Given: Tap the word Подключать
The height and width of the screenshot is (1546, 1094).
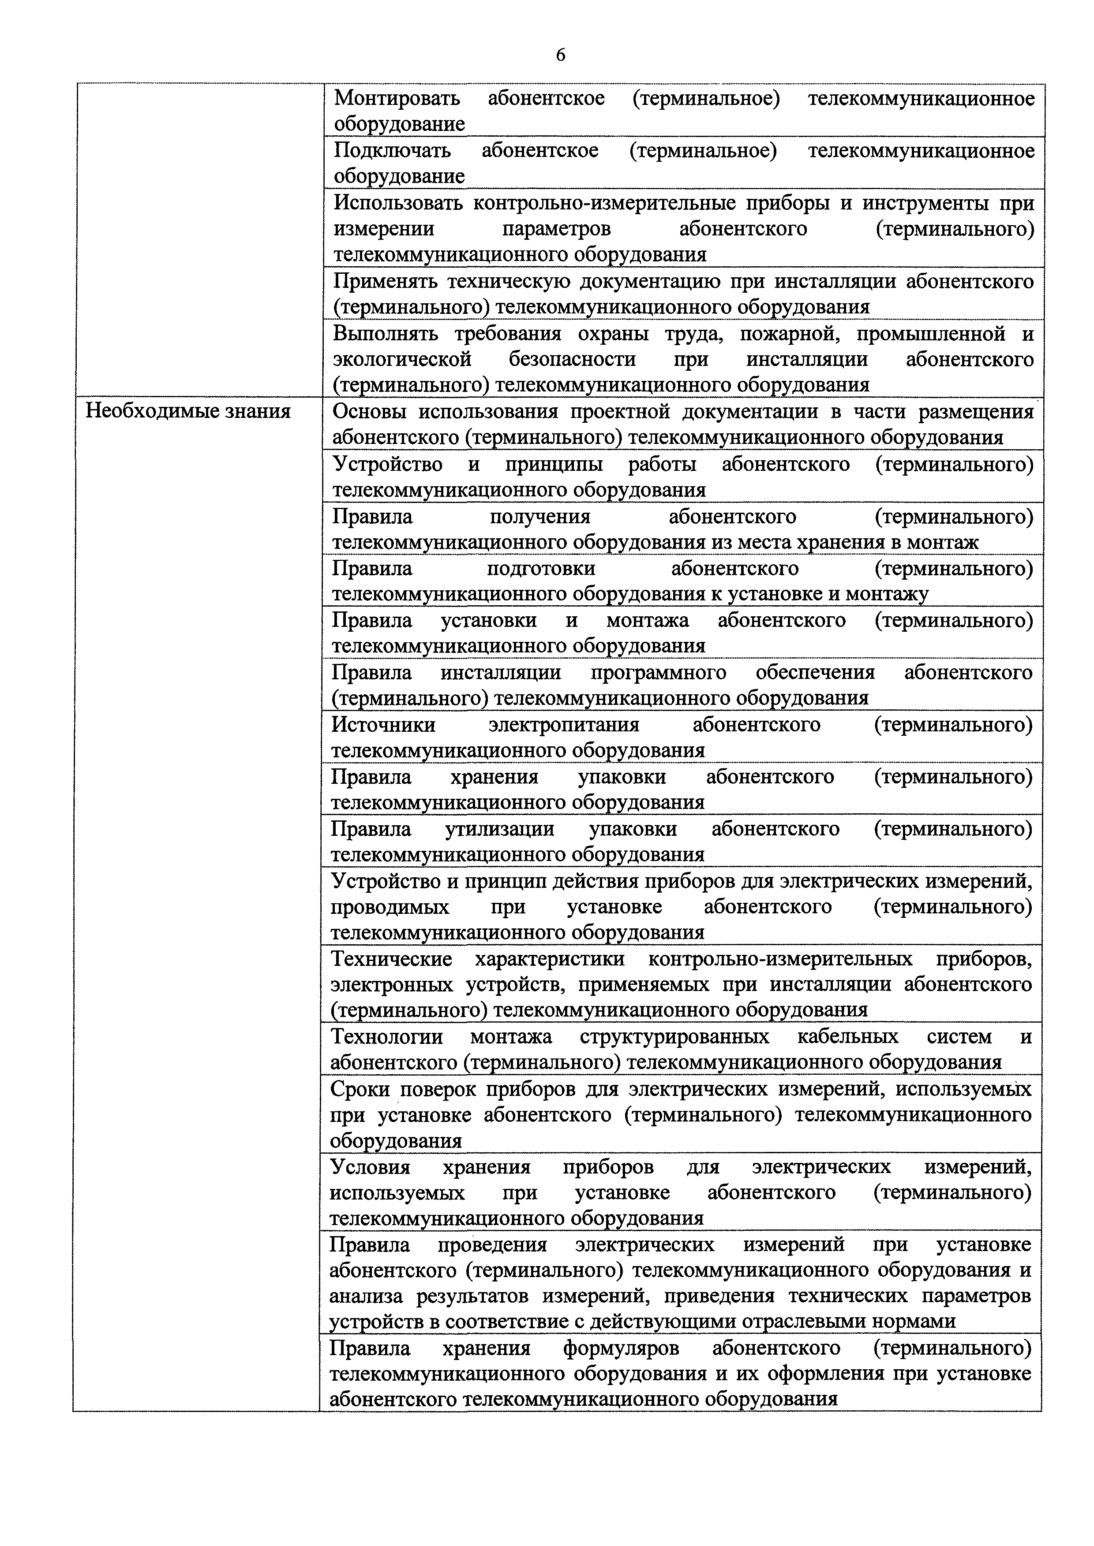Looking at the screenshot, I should [x=393, y=151].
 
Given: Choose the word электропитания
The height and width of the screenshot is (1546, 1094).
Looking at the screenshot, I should [x=564, y=725].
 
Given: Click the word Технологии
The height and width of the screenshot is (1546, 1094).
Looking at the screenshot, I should [x=387, y=1036].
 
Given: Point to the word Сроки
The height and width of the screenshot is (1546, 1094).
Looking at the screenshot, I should [x=360, y=1089].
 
